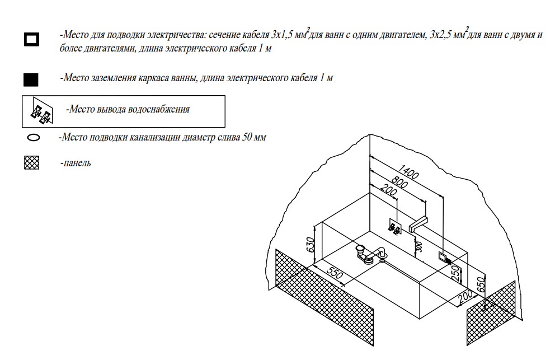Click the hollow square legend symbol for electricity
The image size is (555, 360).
tap(31, 40)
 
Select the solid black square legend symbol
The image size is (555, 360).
tap(31, 80)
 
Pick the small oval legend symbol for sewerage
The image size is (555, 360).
tap(33, 138)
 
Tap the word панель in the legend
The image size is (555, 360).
tap(76, 164)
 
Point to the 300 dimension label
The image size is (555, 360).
tap(417, 245)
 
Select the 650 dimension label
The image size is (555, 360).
tap(480, 284)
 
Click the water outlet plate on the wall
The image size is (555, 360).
tap(394, 228)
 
